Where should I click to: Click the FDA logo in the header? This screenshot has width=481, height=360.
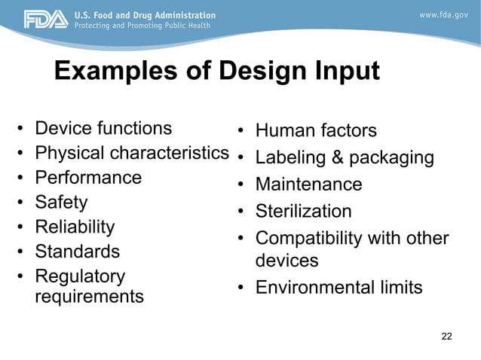click(45, 20)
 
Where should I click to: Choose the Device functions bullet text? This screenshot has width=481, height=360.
click(103, 128)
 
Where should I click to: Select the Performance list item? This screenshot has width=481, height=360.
click(88, 178)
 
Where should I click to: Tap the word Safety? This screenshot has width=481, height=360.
click(61, 202)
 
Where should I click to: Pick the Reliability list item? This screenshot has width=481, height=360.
click(75, 227)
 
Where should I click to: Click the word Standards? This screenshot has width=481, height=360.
click(77, 251)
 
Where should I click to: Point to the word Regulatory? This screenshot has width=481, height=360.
click(80, 276)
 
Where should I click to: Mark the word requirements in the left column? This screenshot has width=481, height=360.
click(89, 297)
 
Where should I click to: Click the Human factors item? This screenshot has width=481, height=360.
click(316, 131)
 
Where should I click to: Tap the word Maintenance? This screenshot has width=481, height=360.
click(308, 185)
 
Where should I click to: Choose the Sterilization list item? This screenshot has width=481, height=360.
click(303, 211)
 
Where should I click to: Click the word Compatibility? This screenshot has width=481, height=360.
click(309, 239)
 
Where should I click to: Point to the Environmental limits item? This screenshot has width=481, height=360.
click(339, 288)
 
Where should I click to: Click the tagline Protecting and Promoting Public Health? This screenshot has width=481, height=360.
click(143, 26)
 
